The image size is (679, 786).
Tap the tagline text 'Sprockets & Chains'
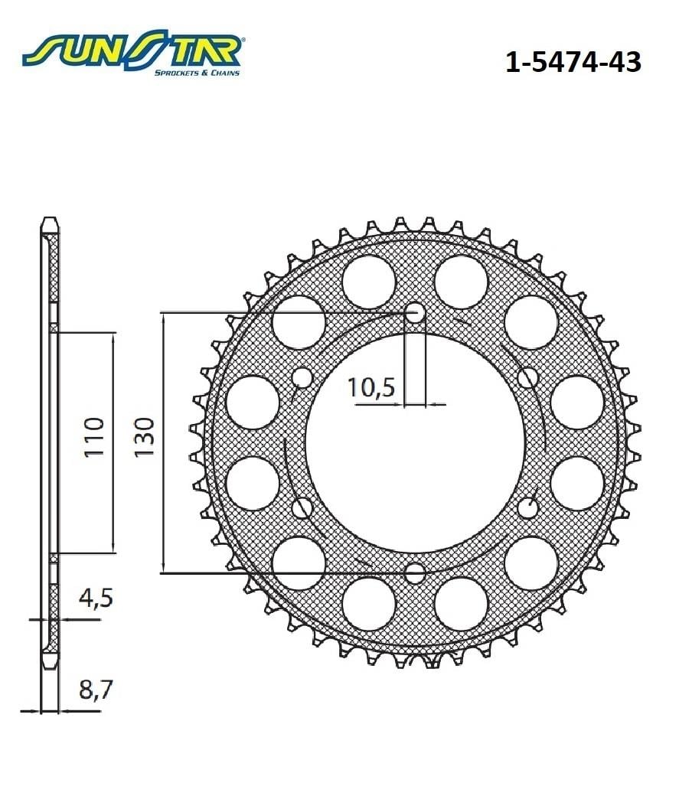[197, 73]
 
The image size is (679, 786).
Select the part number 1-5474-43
[573, 62]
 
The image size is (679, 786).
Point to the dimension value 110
[94, 438]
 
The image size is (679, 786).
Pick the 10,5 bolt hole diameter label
[371, 388]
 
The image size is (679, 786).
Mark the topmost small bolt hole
[415, 312]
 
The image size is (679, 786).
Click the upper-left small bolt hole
[302, 377]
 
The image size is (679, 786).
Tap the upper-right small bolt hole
[527, 377]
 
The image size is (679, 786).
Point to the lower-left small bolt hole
[302, 507]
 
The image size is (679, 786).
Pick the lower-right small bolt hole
[527, 507]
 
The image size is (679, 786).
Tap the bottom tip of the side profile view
[49, 664]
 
